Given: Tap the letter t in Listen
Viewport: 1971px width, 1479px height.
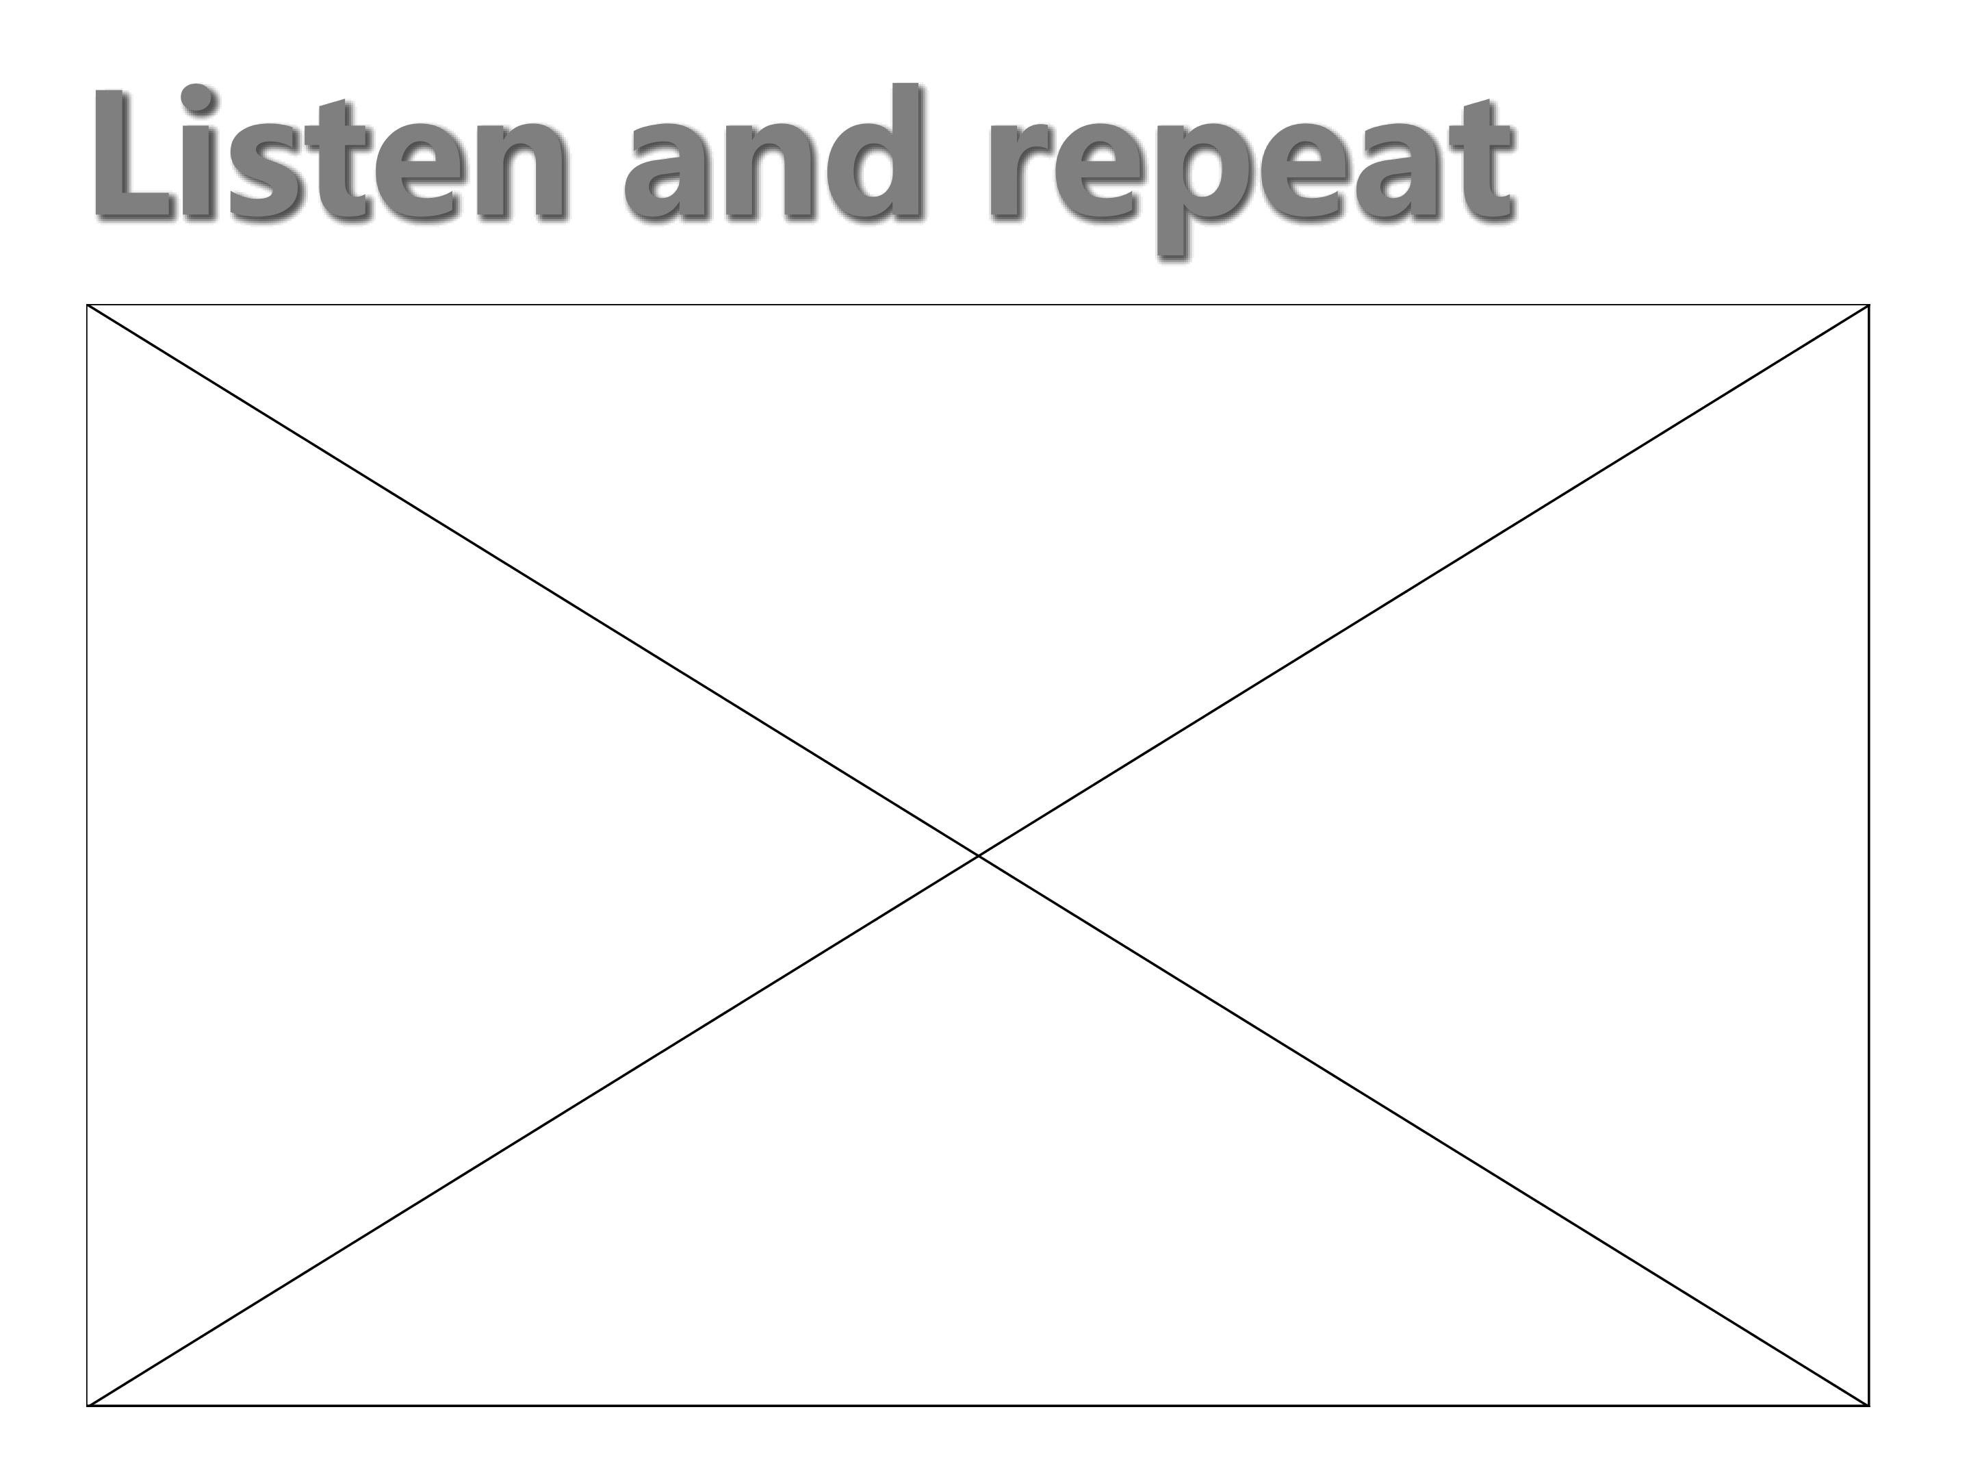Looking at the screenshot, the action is pyautogui.click(x=343, y=159).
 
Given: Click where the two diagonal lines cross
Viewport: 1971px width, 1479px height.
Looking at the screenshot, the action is pyautogui.click(x=979, y=855).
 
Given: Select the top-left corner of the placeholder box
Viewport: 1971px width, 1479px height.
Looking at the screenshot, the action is pyautogui.click(x=88, y=305).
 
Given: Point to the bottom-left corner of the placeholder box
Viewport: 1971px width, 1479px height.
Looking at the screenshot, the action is pyautogui.click(x=88, y=1406).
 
